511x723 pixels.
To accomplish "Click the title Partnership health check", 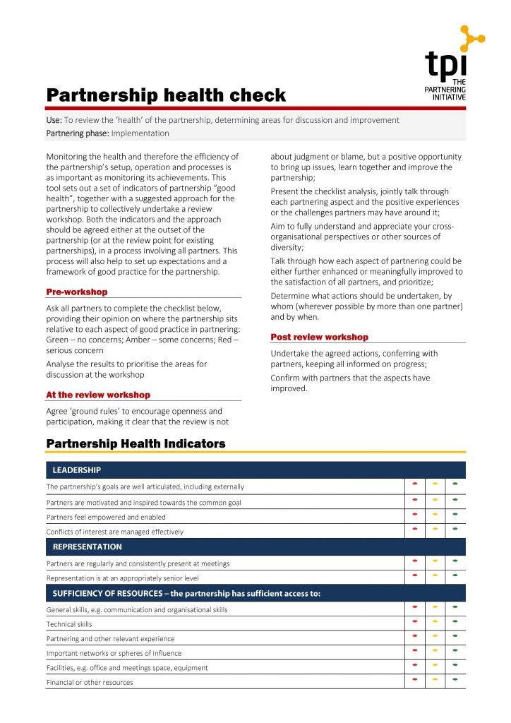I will [x=166, y=95].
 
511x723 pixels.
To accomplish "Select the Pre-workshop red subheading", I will [x=77, y=292].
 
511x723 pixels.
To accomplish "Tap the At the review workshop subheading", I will [x=98, y=395].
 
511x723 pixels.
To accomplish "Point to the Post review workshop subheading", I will [x=320, y=337].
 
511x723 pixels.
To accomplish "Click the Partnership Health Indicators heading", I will [x=136, y=443].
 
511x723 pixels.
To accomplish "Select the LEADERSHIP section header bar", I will [x=255, y=470].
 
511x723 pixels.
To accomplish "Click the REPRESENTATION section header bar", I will [x=255, y=546].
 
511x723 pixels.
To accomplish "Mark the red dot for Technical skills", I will [x=415, y=621].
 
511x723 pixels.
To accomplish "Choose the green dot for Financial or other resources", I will [x=455, y=679].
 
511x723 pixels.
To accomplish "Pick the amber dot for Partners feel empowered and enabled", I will [x=435, y=513].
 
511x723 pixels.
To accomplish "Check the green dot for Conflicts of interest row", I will [x=455, y=528].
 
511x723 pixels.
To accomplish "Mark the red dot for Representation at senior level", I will [x=415, y=575].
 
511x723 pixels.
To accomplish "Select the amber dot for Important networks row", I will [x=435, y=650].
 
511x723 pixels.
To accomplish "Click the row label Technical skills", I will [x=69, y=624].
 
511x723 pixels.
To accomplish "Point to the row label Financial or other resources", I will [x=90, y=683].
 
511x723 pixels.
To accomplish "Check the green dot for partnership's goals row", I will [x=455, y=484].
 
